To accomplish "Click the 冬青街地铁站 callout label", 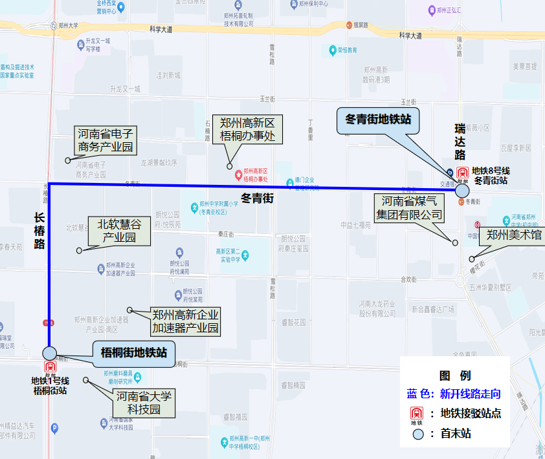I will pyautogui.click(x=378, y=120).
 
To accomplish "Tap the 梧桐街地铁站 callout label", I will pyautogui.click(x=134, y=353).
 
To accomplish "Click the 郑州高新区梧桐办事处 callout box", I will pyautogui.click(x=248, y=129).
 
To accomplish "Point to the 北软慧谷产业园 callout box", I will pyautogui.click(x=119, y=231).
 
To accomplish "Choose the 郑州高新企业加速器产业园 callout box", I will pyautogui.click(x=185, y=321).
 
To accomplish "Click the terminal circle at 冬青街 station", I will pyautogui.click(x=462, y=191).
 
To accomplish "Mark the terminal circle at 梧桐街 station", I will pyautogui.click(x=50, y=353).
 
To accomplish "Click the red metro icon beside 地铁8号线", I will pyautogui.click(x=462, y=174).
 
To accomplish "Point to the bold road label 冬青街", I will pyautogui.click(x=257, y=198).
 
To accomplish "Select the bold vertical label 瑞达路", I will pyautogui.click(x=460, y=142).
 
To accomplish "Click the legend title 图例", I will pyautogui.click(x=455, y=376).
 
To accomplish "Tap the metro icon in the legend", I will pyautogui.click(x=417, y=414).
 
